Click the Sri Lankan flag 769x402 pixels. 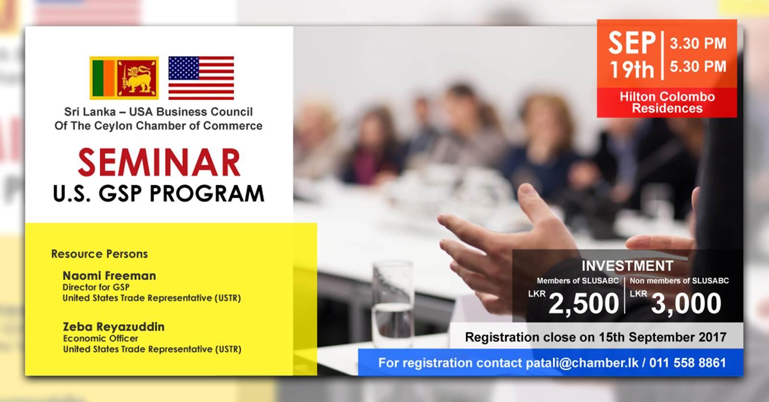[124, 78]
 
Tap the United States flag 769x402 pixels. [201, 78]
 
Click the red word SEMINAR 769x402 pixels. [159, 162]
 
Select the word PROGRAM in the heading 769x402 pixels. [207, 194]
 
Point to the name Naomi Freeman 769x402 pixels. [109, 276]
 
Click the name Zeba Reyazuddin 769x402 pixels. [113, 327]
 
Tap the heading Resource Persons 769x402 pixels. [99, 254]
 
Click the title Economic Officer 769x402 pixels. [100, 339]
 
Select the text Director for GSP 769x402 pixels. [96, 287]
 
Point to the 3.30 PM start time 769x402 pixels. [698, 44]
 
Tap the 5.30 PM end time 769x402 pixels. [698, 67]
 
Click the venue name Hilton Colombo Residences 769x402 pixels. [667, 103]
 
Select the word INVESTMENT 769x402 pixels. [627, 266]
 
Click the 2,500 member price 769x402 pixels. [583, 304]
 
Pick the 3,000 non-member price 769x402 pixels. [686, 304]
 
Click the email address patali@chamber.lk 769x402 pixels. [582, 363]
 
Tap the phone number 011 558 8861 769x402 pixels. [688, 363]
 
